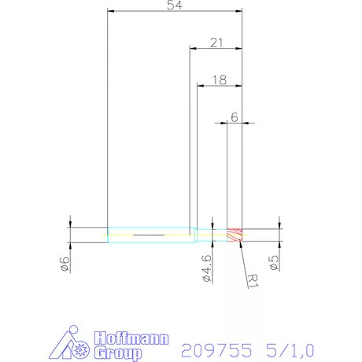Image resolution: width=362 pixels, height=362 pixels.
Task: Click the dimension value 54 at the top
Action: click(174, 6)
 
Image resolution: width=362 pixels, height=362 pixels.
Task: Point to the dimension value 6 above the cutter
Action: click(234, 116)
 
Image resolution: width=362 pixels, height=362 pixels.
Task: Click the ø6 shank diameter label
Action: click(65, 268)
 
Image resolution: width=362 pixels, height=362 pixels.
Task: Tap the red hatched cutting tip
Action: click(234, 235)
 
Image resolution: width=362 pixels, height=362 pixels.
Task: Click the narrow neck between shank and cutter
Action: click(211, 235)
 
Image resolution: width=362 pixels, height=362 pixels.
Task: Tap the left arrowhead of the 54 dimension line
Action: click(111, 13)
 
